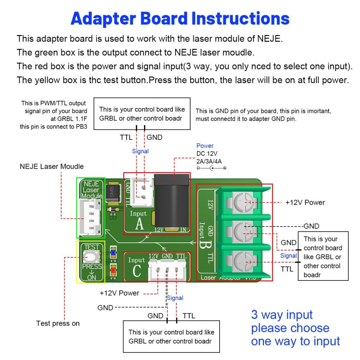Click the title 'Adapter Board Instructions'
pyautogui.click(x=180, y=18)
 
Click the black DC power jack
pyautogui.click(x=173, y=204)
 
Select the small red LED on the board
pyautogui.click(x=113, y=270)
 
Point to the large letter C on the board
pyautogui.click(x=137, y=271)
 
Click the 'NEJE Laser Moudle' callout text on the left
pyautogui.click(x=51, y=167)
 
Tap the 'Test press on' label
pyautogui.click(x=58, y=324)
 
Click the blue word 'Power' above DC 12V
pyautogui.click(x=205, y=146)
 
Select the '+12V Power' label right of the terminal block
pyautogui.click(x=305, y=203)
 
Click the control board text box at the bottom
pyautogui.click(x=171, y=336)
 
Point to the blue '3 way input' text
pyautogui.click(x=282, y=315)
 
